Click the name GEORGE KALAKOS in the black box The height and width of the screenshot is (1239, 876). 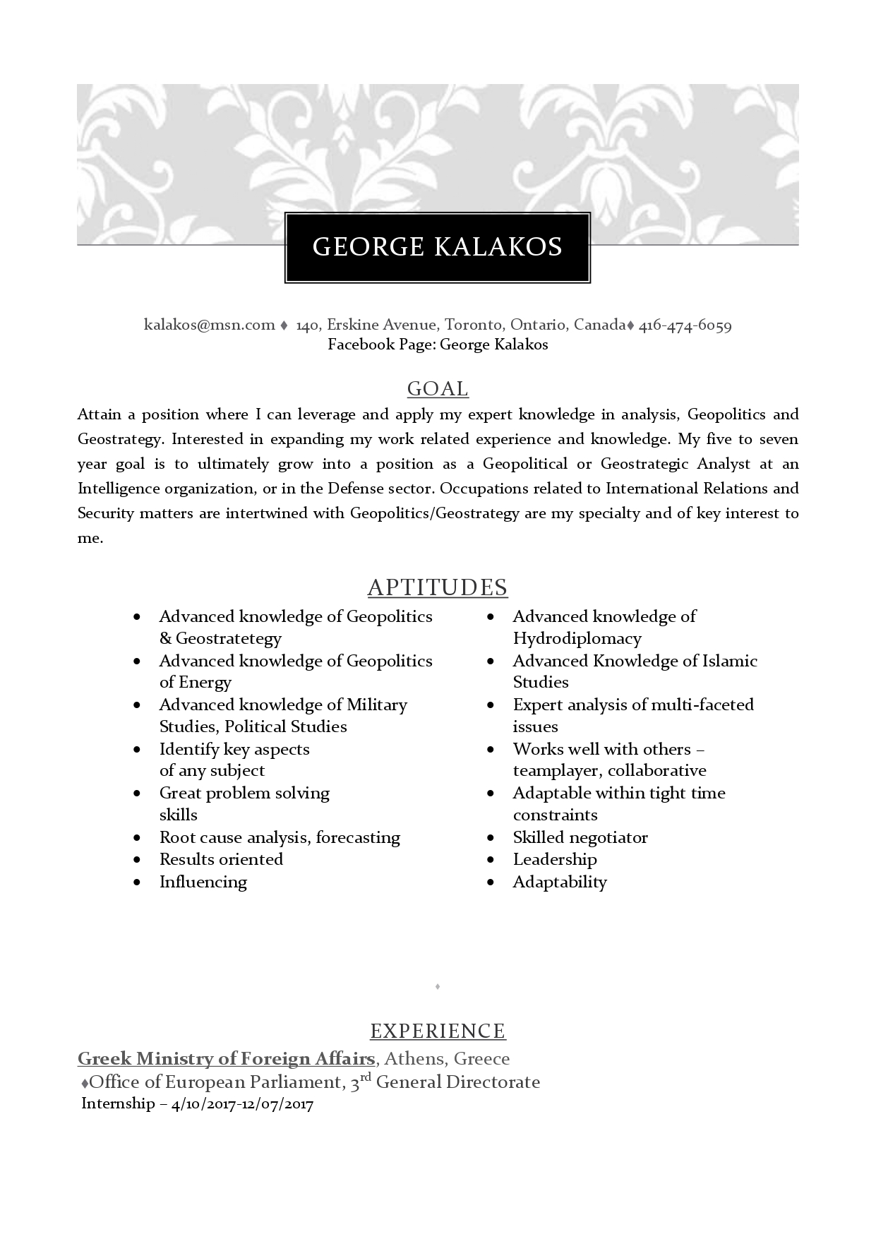point(437,247)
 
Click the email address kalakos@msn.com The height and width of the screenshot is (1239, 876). point(209,325)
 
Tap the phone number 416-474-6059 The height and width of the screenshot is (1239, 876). point(685,325)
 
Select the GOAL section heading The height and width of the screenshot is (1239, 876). point(438,389)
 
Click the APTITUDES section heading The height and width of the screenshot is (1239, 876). point(438,587)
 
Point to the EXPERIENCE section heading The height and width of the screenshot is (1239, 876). point(438,1031)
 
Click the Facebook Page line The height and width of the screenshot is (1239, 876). point(438,345)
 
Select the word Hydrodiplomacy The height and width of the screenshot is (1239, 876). point(577,639)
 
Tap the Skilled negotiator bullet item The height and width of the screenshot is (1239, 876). point(580,838)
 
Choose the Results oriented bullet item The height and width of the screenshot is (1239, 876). point(221,860)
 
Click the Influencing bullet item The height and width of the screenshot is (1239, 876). point(203,882)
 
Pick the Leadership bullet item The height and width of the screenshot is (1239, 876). point(554,860)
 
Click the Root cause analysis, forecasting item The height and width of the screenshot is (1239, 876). point(280,838)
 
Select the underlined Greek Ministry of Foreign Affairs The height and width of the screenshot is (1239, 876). point(226,1059)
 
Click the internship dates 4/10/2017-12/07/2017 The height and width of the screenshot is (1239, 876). point(242,1104)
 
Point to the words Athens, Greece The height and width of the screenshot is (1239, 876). point(447,1059)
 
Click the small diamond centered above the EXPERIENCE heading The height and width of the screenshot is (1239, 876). point(438,986)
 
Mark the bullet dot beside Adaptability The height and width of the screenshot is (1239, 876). point(491,882)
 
